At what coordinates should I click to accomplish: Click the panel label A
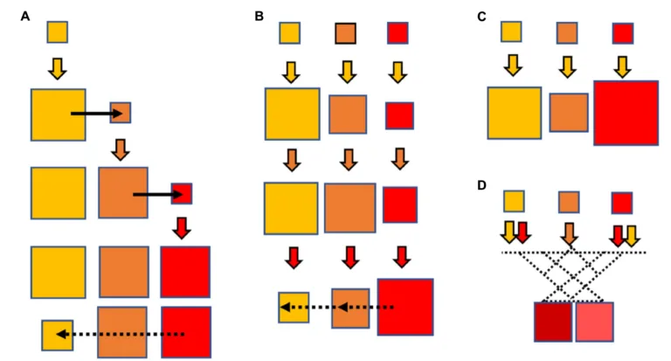coord(25,17)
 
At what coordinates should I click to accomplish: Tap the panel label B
coord(259,17)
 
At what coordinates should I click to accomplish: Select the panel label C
coord(481,17)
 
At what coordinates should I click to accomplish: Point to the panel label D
coord(482,185)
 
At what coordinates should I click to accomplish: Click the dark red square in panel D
coord(553,322)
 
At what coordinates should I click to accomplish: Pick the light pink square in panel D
coord(594,322)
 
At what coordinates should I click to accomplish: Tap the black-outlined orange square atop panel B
coord(345,33)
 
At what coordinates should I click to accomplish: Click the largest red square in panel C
coord(626,113)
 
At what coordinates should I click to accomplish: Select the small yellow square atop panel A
coord(58,32)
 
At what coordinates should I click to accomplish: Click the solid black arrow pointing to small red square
coord(158,195)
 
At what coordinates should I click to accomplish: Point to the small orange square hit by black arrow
coord(121,113)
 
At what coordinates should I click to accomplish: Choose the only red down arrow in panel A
coord(182,228)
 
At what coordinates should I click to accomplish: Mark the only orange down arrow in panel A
coord(121,149)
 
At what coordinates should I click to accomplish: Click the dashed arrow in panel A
coord(121,334)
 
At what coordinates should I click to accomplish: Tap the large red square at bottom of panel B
coord(405,307)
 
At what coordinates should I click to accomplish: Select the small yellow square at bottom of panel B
coord(294,308)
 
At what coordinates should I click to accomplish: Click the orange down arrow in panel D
coord(569,233)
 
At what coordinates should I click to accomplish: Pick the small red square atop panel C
coord(623,33)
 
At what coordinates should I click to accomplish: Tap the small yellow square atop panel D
coord(514,202)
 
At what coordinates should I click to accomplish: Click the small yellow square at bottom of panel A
coord(58,336)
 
